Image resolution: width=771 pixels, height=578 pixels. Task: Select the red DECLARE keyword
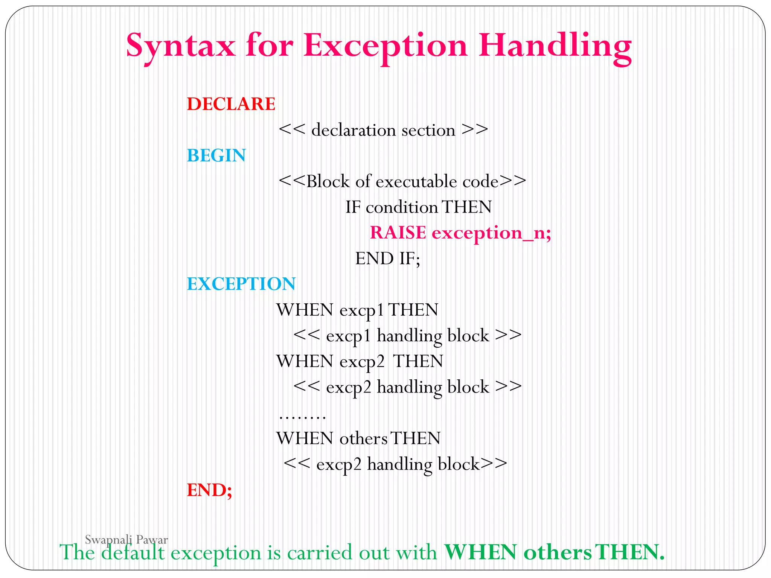click(x=231, y=104)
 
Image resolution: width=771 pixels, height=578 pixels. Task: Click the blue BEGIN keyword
click(x=216, y=155)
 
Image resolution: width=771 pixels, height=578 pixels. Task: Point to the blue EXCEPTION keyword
click(x=241, y=284)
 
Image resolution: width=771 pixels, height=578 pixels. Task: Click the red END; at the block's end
click(x=209, y=490)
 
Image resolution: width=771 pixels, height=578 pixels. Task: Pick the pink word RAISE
click(x=398, y=233)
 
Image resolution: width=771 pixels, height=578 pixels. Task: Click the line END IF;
click(x=387, y=259)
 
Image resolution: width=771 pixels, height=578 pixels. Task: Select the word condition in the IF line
click(x=401, y=207)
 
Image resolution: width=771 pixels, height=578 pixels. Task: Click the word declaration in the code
click(x=354, y=130)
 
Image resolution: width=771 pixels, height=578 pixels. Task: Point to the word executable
click(x=416, y=182)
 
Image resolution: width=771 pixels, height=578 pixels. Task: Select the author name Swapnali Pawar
click(x=126, y=540)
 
